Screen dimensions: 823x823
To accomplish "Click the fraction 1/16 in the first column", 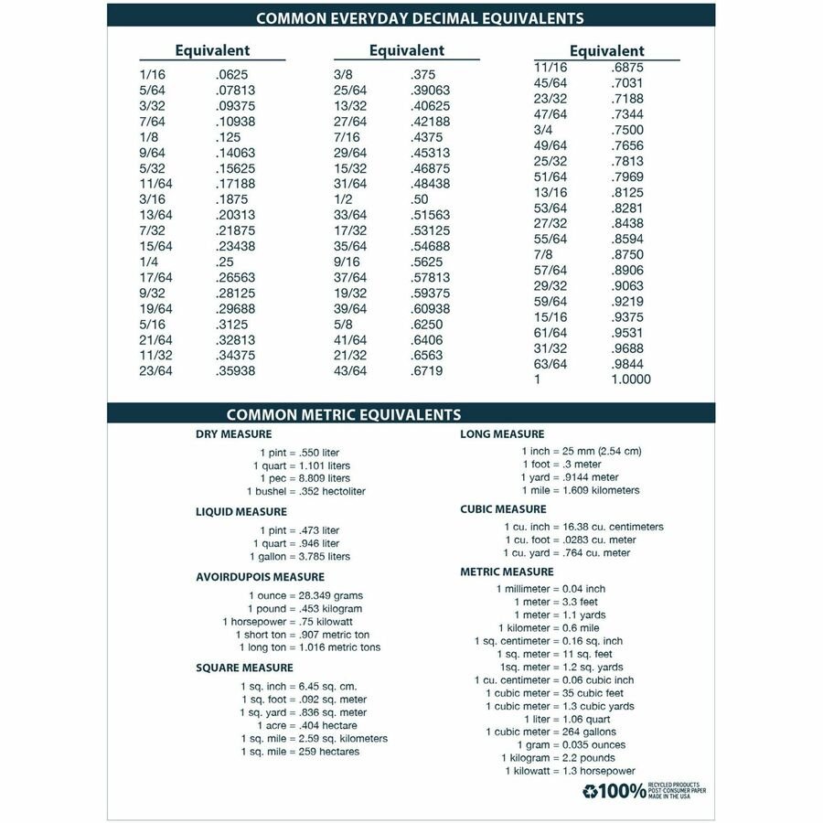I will point(153,75).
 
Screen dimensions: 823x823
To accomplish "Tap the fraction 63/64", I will point(550,364).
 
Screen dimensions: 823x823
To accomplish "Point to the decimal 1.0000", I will point(631,379).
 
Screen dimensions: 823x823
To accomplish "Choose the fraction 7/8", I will point(543,254).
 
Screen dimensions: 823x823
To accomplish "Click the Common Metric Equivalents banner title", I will point(344,414).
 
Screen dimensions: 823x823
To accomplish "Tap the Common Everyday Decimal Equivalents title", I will point(420,18).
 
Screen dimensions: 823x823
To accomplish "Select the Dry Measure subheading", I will point(233,434).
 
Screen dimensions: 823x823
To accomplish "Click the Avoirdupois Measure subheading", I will point(260,577).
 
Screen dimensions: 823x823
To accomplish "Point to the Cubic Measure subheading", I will point(503,509).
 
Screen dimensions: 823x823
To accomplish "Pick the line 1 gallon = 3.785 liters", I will point(300,556).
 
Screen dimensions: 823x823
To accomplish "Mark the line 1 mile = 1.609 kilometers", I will point(581,490).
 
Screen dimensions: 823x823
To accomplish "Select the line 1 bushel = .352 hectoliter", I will point(309,491).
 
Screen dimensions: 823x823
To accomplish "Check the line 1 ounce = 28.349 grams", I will point(305,595).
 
